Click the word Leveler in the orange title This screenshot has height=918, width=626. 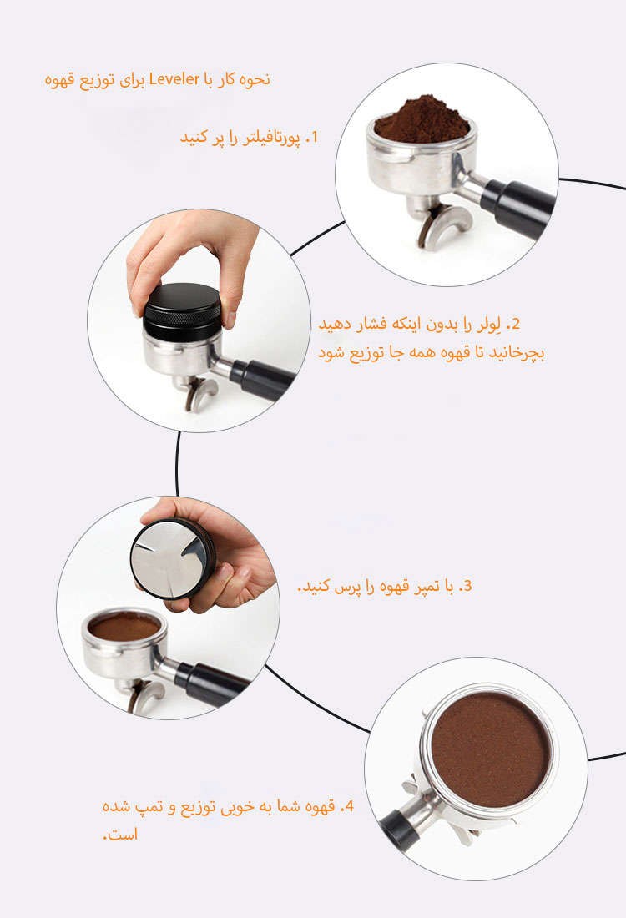click(174, 78)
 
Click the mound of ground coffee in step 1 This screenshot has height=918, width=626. click(422, 121)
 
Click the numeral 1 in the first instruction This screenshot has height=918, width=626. click(315, 138)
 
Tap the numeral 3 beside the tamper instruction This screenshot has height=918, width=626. click(466, 586)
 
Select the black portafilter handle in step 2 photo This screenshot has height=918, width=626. click(262, 380)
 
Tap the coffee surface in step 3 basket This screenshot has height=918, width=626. click(124, 628)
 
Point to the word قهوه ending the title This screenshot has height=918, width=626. click(61, 79)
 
